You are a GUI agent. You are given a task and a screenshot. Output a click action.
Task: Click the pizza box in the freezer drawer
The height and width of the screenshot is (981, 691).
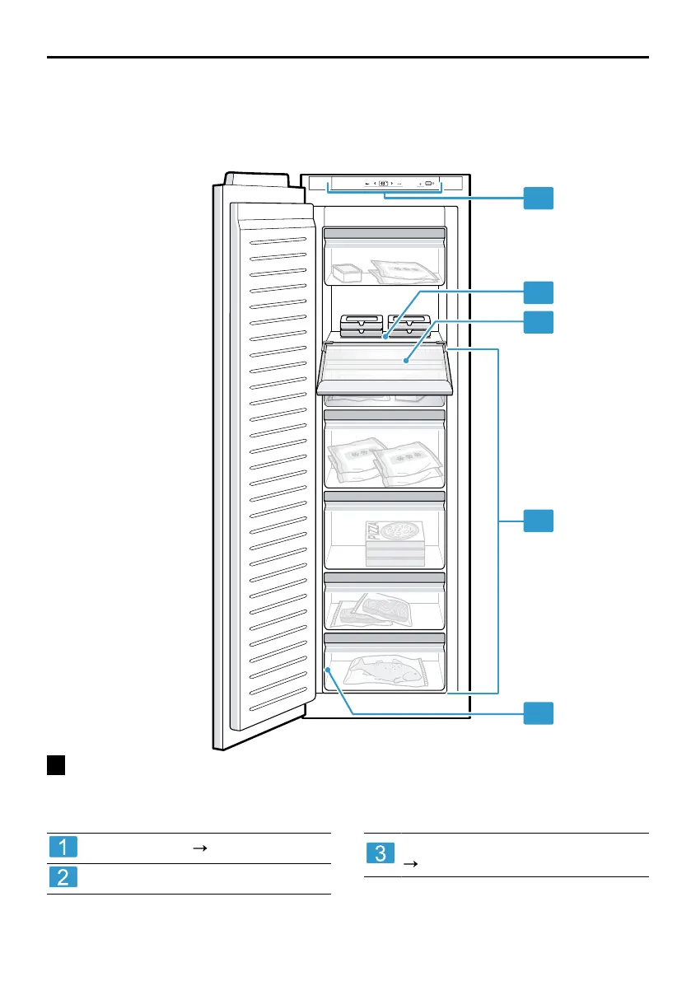tap(396, 543)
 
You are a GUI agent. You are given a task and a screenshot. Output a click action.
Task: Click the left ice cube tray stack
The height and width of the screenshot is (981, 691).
tap(360, 326)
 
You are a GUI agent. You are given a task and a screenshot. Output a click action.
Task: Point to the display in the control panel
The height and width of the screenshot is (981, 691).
tap(384, 184)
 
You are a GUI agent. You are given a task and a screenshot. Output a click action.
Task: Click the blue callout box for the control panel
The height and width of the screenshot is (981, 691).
tap(539, 198)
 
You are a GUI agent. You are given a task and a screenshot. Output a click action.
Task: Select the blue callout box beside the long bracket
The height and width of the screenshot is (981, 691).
tap(539, 521)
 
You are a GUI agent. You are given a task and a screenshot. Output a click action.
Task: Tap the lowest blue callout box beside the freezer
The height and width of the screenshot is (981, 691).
tap(539, 713)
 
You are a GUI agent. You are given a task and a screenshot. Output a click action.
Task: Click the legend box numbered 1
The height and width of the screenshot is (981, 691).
tap(63, 848)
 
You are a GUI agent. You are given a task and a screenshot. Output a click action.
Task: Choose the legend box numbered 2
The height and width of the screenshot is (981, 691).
tap(63, 879)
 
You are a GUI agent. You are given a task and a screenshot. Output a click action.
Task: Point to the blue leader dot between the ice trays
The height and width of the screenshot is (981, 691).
tap(385, 335)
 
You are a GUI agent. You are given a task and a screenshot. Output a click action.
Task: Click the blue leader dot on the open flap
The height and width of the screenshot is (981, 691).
tap(406, 361)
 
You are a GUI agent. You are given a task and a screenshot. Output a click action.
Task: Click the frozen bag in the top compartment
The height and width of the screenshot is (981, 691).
tap(404, 271)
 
